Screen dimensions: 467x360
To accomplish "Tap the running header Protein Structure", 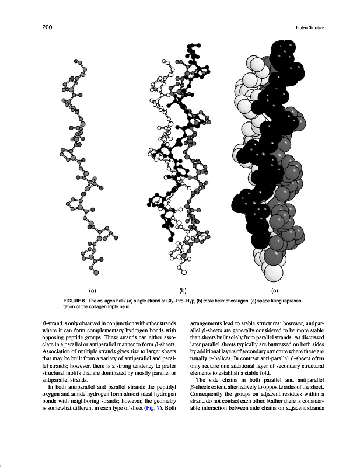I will pyautogui.click(x=310, y=27).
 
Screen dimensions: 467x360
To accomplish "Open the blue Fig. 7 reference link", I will pyautogui.click(x=151, y=408).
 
